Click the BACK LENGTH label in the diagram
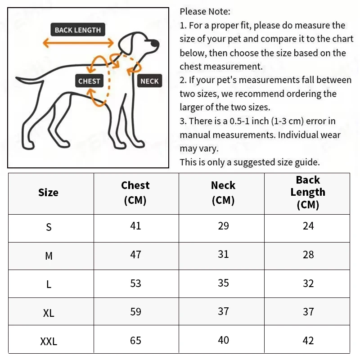click(78, 30)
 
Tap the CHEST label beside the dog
click(89, 81)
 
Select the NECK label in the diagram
click(149, 81)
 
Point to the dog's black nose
click(154, 43)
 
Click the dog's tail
click(29, 80)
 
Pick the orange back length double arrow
click(78, 43)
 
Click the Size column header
click(48, 193)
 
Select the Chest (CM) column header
click(135, 193)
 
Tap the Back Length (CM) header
click(308, 192)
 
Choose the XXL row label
click(49, 342)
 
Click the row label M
click(49, 256)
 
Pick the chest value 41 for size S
click(135, 226)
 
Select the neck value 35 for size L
click(223, 283)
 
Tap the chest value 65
click(135, 341)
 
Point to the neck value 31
click(223, 254)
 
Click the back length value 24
click(308, 226)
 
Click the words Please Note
click(205, 12)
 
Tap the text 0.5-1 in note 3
click(239, 121)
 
